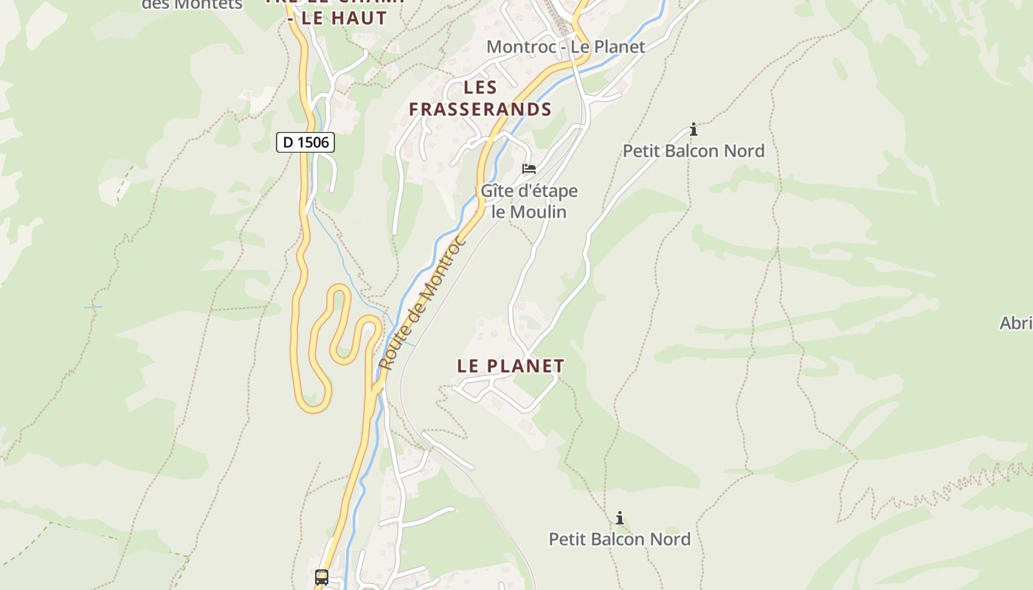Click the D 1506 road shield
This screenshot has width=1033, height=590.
pos(305,142)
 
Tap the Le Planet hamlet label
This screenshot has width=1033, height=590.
pos(511,366)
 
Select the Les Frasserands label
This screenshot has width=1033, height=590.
pos(480,99)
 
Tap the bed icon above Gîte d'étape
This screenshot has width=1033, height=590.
pos(529,169)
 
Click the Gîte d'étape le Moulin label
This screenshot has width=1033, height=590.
pos(529,201)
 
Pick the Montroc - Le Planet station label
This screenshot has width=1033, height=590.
pos(566,47)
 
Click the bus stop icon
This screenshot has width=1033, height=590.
pos(322,577)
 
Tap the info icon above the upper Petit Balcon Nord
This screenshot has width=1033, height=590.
pos(694,130)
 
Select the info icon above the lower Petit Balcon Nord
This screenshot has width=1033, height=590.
pos(620,518)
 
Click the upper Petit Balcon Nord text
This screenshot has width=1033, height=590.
pos(694,151)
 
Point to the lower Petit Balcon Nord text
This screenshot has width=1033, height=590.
pos(620,539)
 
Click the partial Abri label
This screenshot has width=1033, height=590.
pos(1016,323)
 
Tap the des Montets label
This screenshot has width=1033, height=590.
pos(192,4)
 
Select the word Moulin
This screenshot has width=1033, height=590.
pos(539,212)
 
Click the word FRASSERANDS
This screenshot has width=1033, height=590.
pos(480,110)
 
